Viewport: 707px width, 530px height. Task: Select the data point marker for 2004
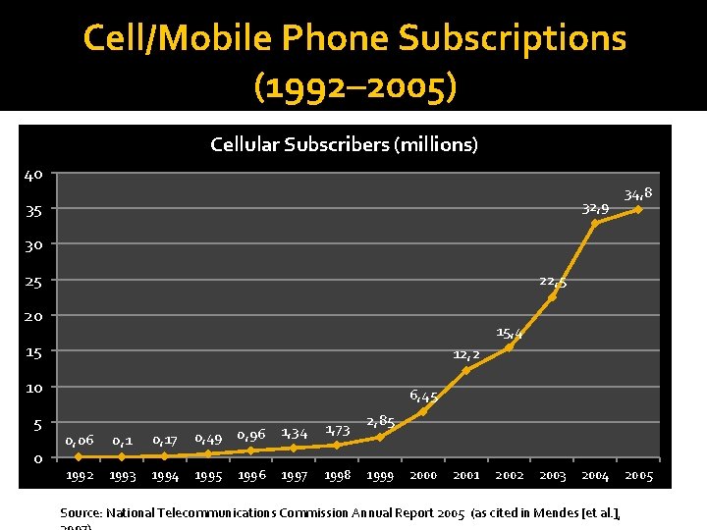tap(595, 224)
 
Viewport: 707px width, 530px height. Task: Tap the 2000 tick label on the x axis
tap(423, 476)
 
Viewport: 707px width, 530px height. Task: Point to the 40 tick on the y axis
tap(33, 176)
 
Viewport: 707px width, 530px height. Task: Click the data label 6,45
tap(423, 397)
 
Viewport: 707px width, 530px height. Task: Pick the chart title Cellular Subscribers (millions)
tap(344, 145)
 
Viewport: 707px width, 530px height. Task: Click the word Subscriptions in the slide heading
tap(512, 38)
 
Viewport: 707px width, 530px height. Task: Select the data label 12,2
tap(466, 354)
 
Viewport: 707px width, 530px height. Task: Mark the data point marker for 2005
tap(638, 209)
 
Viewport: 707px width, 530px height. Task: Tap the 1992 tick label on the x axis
tap(80, 476)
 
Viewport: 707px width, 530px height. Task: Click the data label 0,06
tap(80, 441)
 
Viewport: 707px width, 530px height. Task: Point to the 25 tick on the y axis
tap(33, 282)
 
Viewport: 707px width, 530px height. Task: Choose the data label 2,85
tap(380, 422)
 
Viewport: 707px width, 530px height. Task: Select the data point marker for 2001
tap(466, 370)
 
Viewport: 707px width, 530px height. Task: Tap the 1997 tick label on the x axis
tap(295, 476)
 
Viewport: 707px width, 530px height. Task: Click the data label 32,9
tap(595, 208)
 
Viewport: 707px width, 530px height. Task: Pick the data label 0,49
tap(208, 438)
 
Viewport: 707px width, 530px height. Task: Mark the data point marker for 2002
tap(509, 347)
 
